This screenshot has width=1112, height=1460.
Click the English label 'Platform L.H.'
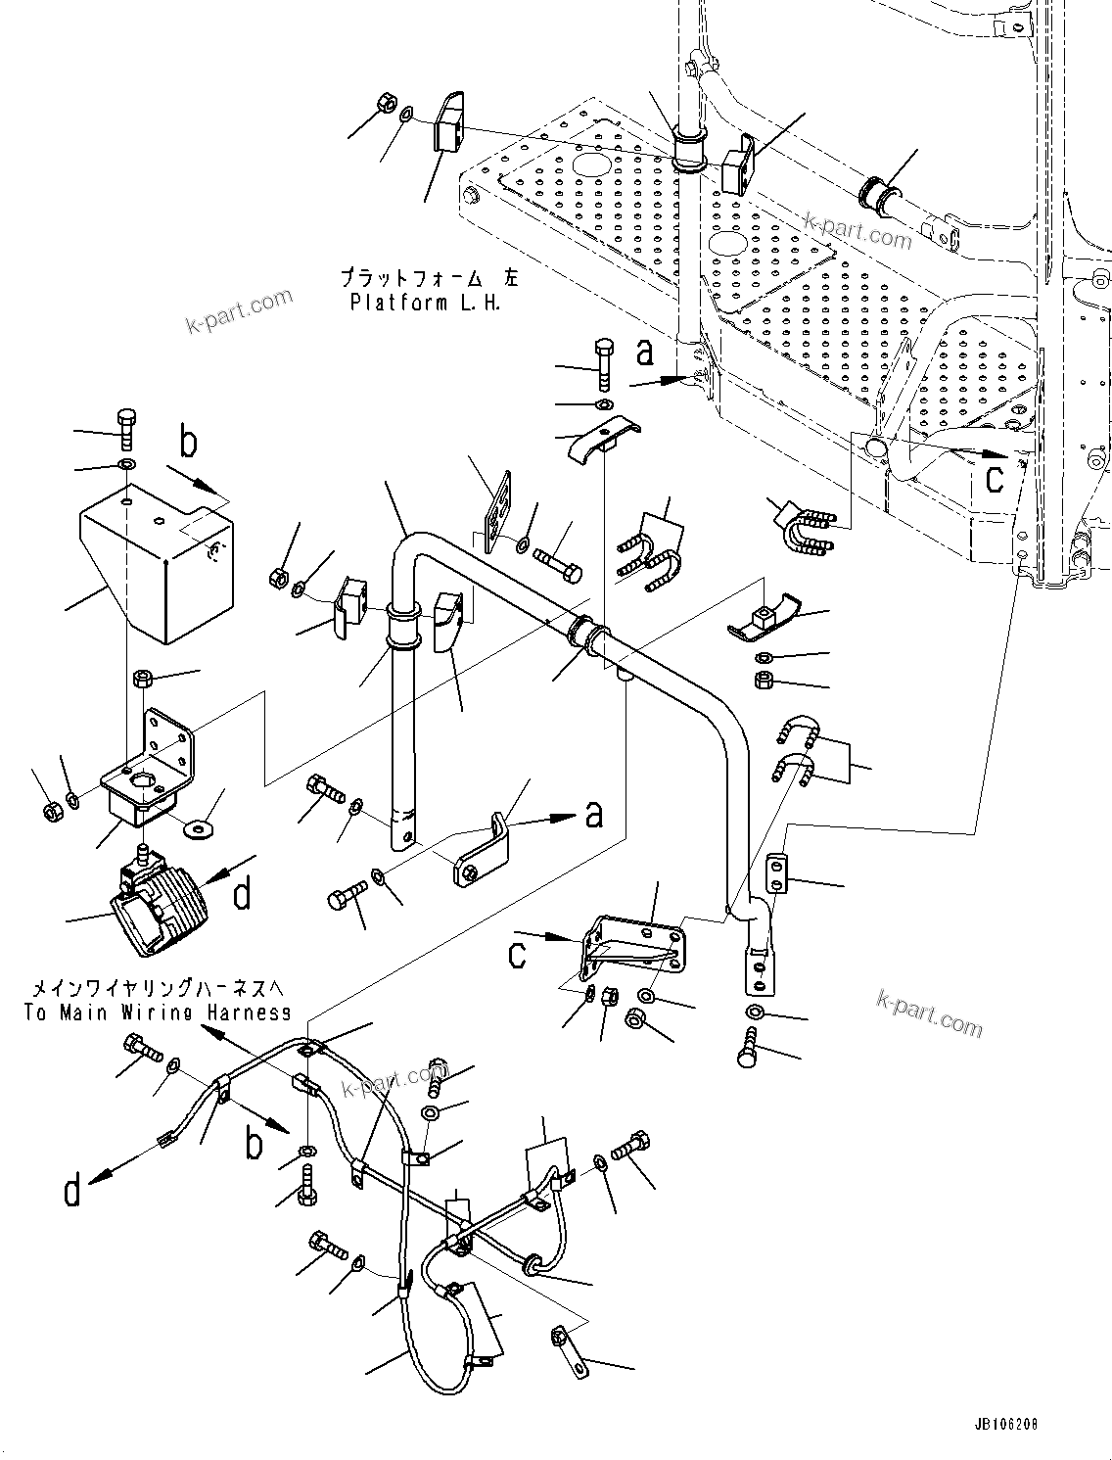click(x=425, y=303)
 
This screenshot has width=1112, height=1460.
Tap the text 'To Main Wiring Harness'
click(x=158, y=1013)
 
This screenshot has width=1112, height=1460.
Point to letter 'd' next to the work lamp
click(x=242, y=892)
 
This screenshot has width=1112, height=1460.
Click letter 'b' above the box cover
click(x=188, y=442)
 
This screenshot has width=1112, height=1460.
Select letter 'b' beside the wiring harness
click(x=254, y=1143)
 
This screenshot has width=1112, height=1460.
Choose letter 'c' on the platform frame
click(x=995, y=478)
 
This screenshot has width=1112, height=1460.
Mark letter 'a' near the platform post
click(x=644, y=352)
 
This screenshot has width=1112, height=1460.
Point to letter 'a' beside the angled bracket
click(x=593, y=813)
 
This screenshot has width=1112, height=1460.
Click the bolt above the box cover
click(x=128, y=428)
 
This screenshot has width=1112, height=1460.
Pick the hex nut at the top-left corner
click(x=386, y=103)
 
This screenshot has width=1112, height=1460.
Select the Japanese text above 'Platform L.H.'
click(x=431, y=278)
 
